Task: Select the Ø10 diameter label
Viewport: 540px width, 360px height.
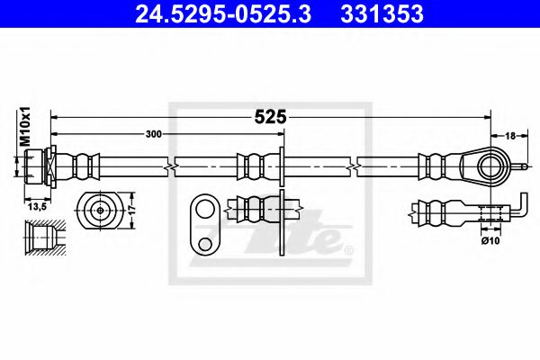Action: pos(490,240)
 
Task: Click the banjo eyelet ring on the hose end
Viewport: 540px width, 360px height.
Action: pos(488,166)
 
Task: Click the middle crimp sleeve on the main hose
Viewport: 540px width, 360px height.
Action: pos(253,166)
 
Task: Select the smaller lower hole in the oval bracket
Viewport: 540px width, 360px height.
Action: pos(204,243)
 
